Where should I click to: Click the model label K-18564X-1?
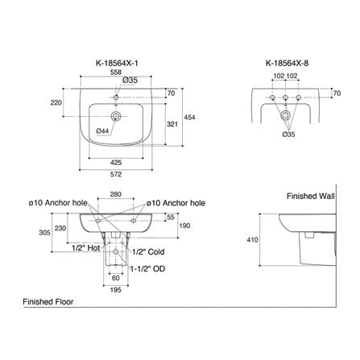[x=117, y=63]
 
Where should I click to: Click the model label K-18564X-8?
[x=287, y=63]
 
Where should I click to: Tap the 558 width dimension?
[x=116, y=72]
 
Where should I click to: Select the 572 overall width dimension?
[x=116, y=174]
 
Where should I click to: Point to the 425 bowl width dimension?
[x=116, y=163]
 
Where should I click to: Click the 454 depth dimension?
[x=189, y=118]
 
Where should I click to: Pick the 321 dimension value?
[x=172, y=124]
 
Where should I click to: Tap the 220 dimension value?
[x=56, y=102]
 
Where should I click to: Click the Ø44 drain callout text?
[x=102, y=131]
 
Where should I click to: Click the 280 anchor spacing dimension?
[x=116, y=194]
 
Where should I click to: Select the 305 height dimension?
[x=44, y=233]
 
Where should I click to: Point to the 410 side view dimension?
[x=252, y=240]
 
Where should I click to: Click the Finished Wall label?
[x=311, y=197]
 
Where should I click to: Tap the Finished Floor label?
[x=48, y=302]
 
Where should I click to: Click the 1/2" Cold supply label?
[x=148, y=252]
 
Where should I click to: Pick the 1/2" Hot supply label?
[x=86, y=248]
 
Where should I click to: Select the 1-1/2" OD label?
[x=147, y=269]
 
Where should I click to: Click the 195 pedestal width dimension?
[x=116, y=290]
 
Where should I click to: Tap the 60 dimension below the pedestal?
[x=116, y=278]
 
